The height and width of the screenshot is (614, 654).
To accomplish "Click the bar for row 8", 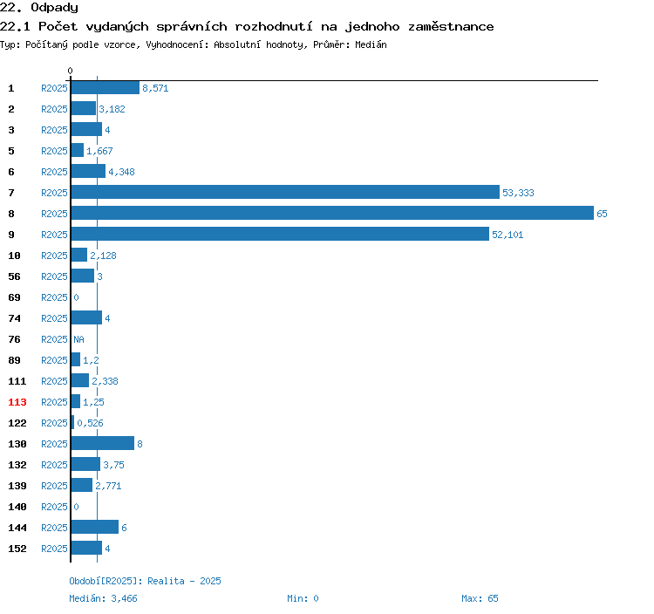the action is (332, 213).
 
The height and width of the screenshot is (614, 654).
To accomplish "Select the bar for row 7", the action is (285, 192).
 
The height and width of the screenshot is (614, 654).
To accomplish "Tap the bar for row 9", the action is (280, 234).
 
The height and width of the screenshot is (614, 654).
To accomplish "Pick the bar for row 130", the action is (103, 443).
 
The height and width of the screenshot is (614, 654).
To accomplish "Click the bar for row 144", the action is (95, 528).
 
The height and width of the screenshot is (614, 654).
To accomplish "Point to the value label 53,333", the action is (518, 193).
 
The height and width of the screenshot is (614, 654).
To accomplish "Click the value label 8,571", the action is (155, 88).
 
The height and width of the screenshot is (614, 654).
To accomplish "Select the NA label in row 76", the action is (78, 339).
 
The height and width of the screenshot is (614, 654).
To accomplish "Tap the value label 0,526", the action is (90, 423).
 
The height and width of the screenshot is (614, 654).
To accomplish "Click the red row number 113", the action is (17, 402).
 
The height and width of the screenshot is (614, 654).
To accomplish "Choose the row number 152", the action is (17, 549).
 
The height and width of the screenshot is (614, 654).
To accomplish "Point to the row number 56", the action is (14, 276).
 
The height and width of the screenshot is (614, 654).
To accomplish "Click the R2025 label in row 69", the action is (54, 297).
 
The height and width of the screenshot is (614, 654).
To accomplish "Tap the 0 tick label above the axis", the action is (70, 71).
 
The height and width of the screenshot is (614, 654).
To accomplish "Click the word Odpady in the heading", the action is (54, 8).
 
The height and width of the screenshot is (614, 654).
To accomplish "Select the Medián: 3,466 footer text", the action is (103, 598).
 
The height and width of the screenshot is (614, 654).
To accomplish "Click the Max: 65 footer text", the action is (480, 598).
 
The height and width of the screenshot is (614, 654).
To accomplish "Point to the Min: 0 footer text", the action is (303, 598).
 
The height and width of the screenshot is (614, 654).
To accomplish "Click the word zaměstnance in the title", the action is (451, 27).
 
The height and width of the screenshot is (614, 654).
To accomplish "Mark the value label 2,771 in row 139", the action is (108, 486).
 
